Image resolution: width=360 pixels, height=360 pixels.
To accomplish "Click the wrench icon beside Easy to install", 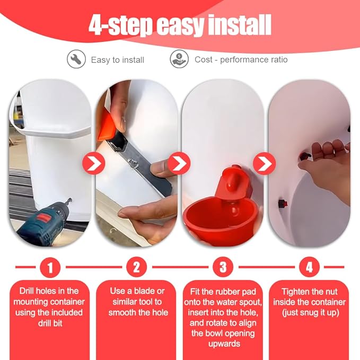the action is point(76,59).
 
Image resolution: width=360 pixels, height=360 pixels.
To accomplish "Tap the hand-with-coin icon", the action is point(179,59).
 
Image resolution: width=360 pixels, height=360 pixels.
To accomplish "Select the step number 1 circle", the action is point(50,267).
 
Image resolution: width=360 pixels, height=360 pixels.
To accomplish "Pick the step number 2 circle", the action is point(137,267).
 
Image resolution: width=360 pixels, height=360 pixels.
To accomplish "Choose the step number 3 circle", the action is point(223,267).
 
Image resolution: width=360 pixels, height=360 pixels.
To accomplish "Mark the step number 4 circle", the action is point(309,267).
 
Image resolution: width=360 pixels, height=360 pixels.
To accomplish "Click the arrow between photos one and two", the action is point(94,163).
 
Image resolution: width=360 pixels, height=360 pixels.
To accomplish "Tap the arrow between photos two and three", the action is point(179,163).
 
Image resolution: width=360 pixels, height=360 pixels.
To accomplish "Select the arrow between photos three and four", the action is point(264,163).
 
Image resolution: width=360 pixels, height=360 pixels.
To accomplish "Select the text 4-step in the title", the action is point(120,25).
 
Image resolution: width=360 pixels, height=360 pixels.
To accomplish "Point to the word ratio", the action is point(279,59).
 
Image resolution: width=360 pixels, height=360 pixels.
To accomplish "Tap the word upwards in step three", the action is point(224,344).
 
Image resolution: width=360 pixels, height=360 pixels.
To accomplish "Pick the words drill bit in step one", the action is point(50,323).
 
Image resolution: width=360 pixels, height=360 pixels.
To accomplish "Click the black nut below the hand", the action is point(282,204).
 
